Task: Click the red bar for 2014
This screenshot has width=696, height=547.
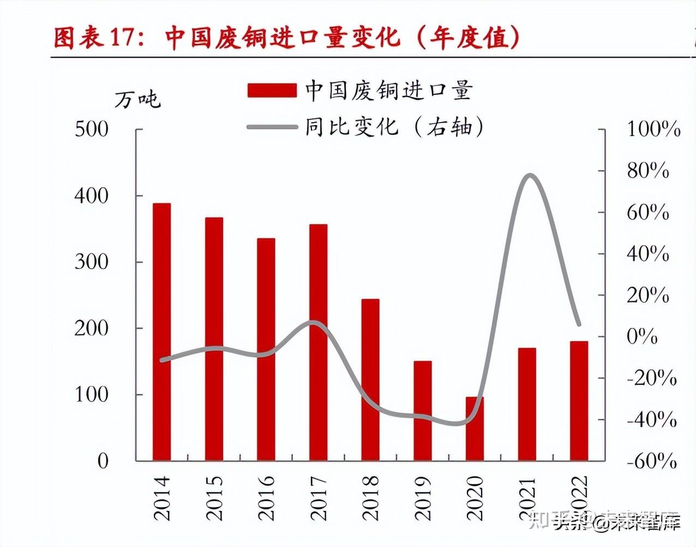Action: (161, 332)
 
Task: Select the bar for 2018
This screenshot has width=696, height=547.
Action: (370, 380)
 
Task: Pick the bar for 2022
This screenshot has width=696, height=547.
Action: (579, 401)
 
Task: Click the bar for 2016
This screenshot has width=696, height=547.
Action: (266, 349)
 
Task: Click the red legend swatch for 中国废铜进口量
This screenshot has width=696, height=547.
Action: (272, 90)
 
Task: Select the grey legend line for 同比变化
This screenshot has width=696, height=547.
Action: (272, 127)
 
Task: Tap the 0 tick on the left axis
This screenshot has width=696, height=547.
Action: (103, 461)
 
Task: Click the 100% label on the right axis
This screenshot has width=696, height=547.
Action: (653, 130)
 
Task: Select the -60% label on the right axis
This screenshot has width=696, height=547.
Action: (652, 461)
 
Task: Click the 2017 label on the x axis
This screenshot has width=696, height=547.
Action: (318, 497)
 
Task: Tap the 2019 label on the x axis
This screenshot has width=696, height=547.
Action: (423, 497)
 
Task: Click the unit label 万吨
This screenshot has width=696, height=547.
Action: (137, 99)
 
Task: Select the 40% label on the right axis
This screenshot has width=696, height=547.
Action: (648, 254)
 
